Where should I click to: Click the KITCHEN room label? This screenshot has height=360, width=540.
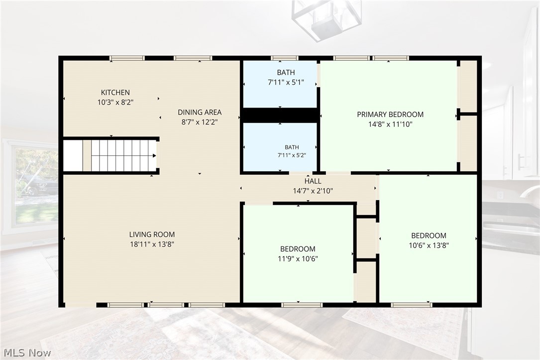pyautogui.click(x=115, y=92)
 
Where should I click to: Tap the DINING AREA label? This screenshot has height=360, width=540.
pyautogui.click(x=200, y=112)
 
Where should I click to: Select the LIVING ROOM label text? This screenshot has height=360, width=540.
pyautogui.click(x=152, y=234)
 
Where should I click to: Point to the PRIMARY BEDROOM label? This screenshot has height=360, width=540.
pyautogui.click(x=390, y=115)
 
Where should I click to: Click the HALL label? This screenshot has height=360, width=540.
pyautogui.click(x=313, y=181)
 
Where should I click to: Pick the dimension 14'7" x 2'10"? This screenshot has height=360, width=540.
pyautogui.click(x=313, y=191)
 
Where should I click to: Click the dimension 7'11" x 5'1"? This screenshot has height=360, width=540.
pyautogui.click(x=286, y=82)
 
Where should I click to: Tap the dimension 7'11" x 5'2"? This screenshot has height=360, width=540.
pyautogui.click(x=292, y=155)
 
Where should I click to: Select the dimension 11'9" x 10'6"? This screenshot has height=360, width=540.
pyautogui.click(x=298, y=259)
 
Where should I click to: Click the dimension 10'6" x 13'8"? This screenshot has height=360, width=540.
pyautogui.click(x=429, y=245)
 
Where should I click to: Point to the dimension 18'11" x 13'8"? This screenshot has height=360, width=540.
pyautogui.click(x=152, y=244)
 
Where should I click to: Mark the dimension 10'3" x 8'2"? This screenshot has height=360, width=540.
pyautogui.click(x=115, y=102)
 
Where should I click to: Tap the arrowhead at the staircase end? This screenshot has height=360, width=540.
pyautogui.click(x=155, y=156)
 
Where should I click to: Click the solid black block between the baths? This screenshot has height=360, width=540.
pyautogui.click(x=280, y=115)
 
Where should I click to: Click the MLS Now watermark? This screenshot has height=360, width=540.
pyautogui.click(x=27, y=353)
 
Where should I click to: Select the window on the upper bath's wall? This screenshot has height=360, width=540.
pyautogui.click(x=284, y=58)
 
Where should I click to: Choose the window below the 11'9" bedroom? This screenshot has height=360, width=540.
pyautogui.click(x=302, y=305)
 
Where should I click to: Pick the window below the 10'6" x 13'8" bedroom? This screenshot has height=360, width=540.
pyautogui.click(x=411, y=305)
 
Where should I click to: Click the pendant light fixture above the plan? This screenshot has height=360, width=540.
pyautogui.click(x=326, y=19)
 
